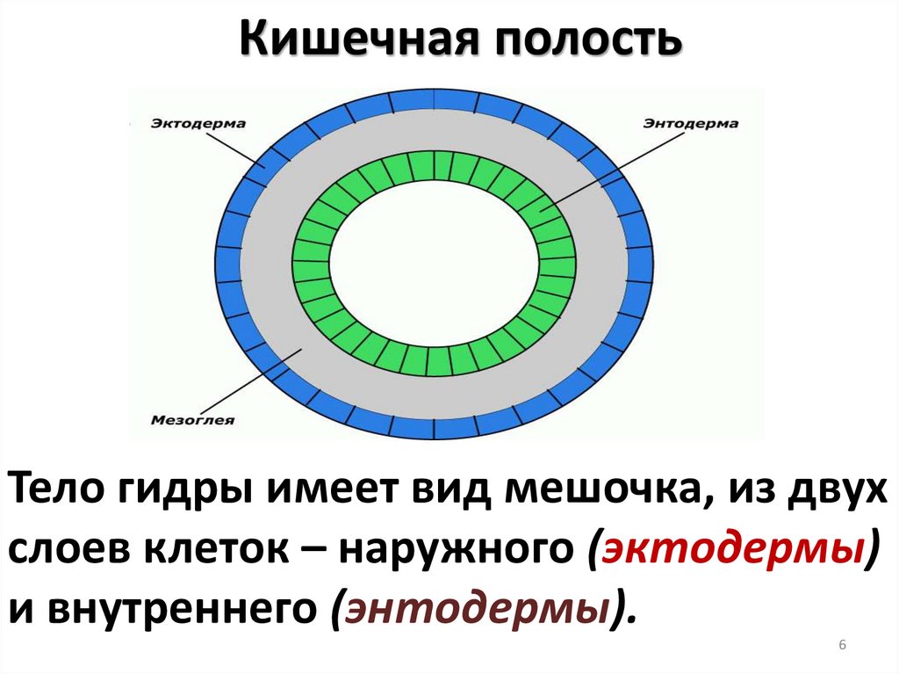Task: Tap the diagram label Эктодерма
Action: pos(198,124)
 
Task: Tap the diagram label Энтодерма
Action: pos(691,124)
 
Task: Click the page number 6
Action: pos(842,646)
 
